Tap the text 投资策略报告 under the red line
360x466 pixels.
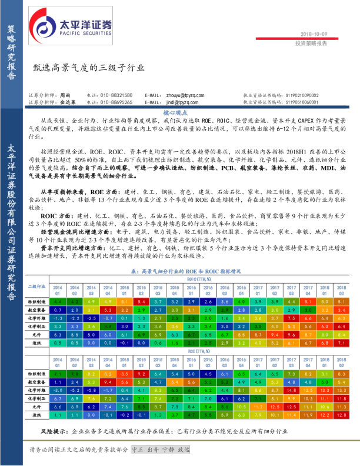(x=311, y=43)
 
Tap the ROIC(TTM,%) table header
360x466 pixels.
(x=198, y=279)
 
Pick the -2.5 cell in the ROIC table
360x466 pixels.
(x=91, y=318)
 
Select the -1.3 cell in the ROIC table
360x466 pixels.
(x=57, y=318)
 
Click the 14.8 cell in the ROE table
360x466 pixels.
(x=292, y=390)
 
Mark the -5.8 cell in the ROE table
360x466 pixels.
(x=91, y=390)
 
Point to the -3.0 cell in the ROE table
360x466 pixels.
(x=57, y=390)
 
